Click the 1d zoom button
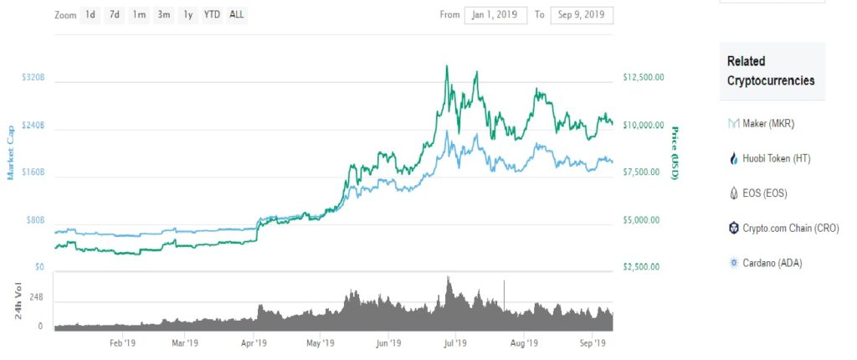tap(90, 15)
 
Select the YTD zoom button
tap(213, 15)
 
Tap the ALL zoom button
tap(237, 15)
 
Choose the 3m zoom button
tap(164, 15)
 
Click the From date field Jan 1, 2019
tap(495, 15)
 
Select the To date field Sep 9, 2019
tap(582, 15)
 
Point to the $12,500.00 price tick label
tap(644, 77)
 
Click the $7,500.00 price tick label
tap(642, 172)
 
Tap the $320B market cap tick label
tap(33, 77)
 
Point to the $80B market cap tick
tap(34, 220)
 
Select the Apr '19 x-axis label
tap(254, 343)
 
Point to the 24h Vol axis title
tap(11, 302)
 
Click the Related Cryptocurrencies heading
tap(771, 71)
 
